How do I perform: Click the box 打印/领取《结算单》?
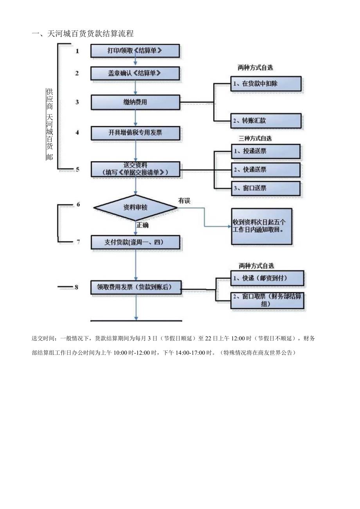135,51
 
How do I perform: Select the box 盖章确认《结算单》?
135,73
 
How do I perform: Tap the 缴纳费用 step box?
135,103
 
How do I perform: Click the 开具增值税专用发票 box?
135,133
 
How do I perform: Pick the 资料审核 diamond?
135,208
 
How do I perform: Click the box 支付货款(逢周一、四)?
135,242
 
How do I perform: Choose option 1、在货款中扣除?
266,84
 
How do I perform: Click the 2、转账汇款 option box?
266,121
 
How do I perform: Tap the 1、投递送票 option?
265,151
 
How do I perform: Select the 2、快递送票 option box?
265,170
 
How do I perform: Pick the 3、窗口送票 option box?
265,188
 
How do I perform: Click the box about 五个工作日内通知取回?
261,226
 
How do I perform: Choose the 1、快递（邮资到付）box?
267,278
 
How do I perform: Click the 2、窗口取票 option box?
267,300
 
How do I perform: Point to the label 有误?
184,201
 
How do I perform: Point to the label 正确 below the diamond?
142,225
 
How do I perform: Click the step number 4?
77,133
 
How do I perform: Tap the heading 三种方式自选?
255,138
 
